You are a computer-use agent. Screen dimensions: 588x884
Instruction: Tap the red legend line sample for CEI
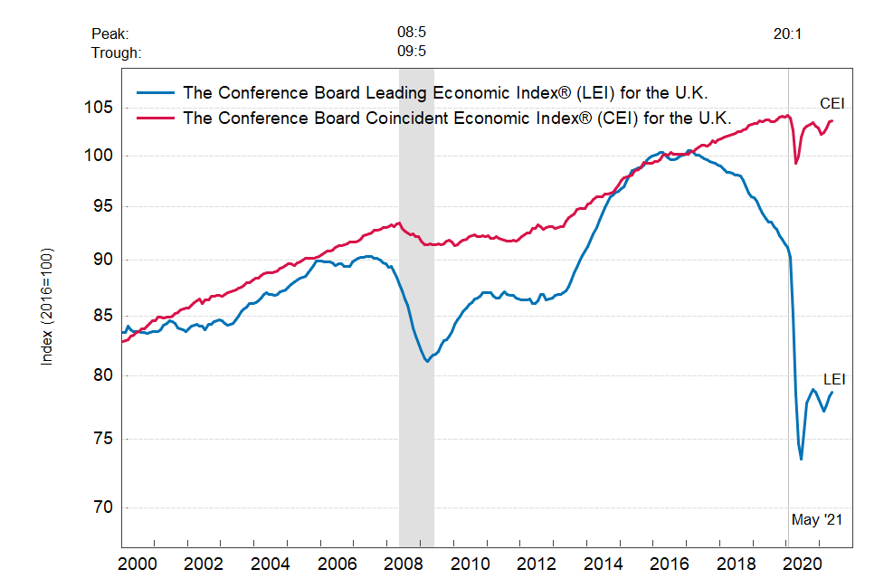point(155,118)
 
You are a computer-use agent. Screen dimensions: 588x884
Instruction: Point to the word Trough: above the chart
point(116,52)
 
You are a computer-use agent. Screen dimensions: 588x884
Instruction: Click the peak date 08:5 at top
point(412,33)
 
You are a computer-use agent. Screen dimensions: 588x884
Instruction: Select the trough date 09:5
point(412,52)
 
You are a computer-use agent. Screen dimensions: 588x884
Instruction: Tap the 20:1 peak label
point(788,34)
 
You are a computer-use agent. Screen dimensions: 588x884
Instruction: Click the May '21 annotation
point(817,519)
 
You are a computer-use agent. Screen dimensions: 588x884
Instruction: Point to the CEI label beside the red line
point(832,102)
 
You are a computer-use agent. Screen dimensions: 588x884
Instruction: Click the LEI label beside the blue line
point(834,379)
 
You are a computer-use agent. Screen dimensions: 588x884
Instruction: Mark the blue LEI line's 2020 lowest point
point(801,460)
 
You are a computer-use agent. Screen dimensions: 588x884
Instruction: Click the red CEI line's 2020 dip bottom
point(796,164)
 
